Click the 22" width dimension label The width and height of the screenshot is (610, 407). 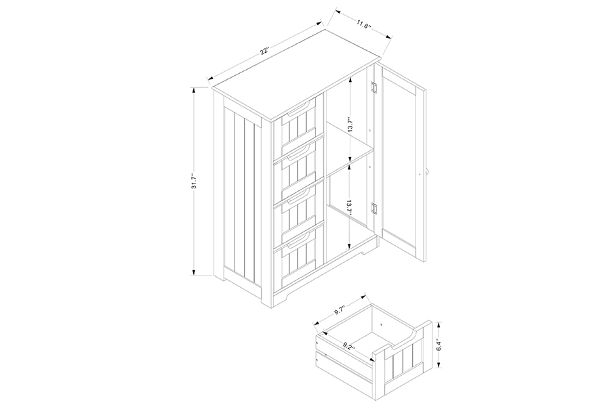(x=265, y=51)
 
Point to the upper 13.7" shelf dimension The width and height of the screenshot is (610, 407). (x=350, y=125)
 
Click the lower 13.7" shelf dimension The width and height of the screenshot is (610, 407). (x=350, y=208)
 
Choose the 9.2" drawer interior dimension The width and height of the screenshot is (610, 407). (x=350, y=345)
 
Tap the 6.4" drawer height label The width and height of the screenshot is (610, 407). (x=439, y=345)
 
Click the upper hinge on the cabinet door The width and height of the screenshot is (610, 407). (x=375, y=88)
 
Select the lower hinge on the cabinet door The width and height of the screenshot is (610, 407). (x=375, y=209)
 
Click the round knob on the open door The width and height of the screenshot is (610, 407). (x=427, y=172)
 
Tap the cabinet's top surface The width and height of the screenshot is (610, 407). (x=296, y=74)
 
